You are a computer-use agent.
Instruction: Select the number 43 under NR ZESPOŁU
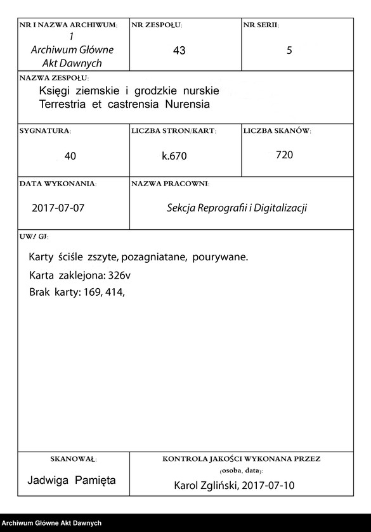click(179, 51)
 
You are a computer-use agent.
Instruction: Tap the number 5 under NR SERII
click(289, 51)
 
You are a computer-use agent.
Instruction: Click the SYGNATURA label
click(45, 131)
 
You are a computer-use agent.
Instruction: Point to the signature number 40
click(70, 156)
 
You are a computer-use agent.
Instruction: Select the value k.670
click(174, 156)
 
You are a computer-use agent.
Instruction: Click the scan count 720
click(284, 155)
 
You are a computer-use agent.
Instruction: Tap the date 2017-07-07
click(58, 208)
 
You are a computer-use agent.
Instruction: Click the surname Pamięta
click(95, 481)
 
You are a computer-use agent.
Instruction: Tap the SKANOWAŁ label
click(73, 458)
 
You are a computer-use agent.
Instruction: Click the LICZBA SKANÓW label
click(277, 131)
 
